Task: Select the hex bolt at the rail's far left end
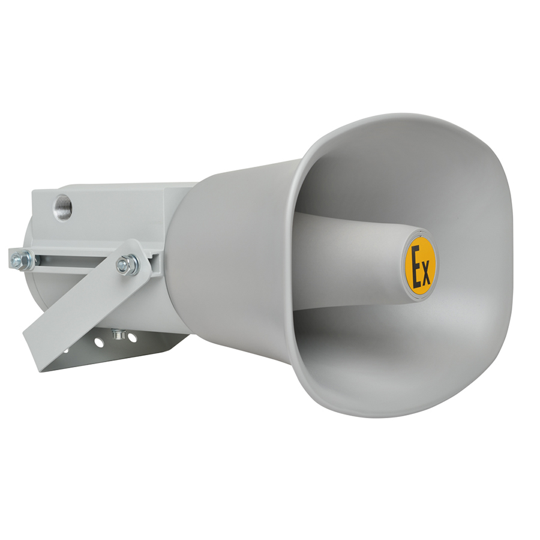(x=22, y=259)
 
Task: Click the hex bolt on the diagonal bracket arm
(x=127, y=263)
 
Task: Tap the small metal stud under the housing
(x=118, y=334)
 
